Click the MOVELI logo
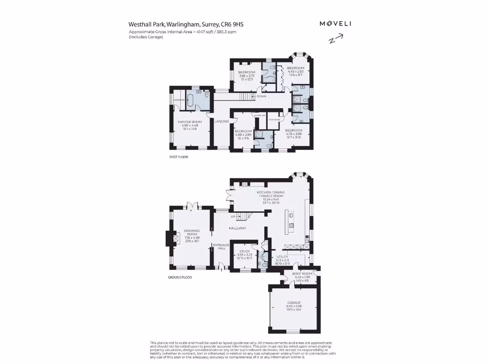pos(336,23)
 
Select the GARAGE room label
pos(294,302)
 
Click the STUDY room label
pos(244,252)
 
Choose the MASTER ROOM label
pos(190,122)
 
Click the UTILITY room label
pos(282,256)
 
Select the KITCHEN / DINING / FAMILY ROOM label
pos(270,193)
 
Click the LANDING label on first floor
pos(222,122)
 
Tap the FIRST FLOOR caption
pos(178,156)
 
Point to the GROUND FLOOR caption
pos(180,277)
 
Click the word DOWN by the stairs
pos(262,96)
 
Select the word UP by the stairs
pos(233,217)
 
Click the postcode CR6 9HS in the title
pos(234,24)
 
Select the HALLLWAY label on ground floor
pos(238,228)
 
